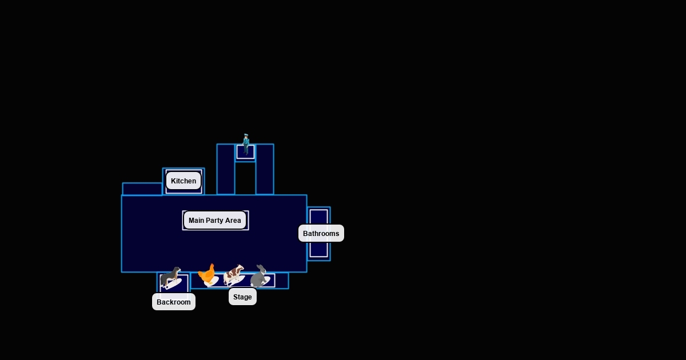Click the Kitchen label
click(184, 181)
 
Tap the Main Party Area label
click(215, 221)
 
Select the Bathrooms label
click(321, 233)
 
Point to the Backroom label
click(173, 302)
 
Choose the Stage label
click(242, 297)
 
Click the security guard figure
click(246, 145)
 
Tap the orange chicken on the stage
click(208, 275)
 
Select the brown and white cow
click(233, 275)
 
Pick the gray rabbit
click(259, 277)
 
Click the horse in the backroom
click(170, 278)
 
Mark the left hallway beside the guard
click(226, 169)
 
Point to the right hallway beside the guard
click(265, 169)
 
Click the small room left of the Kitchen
click(142, 189)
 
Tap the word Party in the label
click(215, 221)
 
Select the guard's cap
click(246, 135)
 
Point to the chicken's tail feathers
click(202, 273)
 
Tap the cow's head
click(241, 268)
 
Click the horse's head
click(177, 270)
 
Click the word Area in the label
click(233, 221)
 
